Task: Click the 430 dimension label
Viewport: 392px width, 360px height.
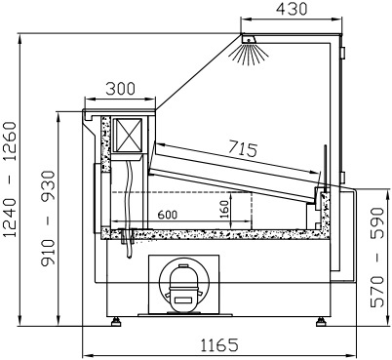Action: coord(292,9)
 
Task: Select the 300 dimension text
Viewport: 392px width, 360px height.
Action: coord(120,89)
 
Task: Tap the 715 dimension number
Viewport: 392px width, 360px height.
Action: coord(243,148)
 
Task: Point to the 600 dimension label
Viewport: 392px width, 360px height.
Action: coord(168,215)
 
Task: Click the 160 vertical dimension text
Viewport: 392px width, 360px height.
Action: coord(224,209)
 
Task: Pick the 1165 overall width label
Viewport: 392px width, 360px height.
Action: coord(219,345)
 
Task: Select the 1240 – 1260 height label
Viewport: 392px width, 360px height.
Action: coord(10,180)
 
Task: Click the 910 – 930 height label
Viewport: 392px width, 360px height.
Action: coord(48,219)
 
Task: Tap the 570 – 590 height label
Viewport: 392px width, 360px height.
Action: coord(377,258)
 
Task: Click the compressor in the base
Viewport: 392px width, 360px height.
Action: coord(183,285)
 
